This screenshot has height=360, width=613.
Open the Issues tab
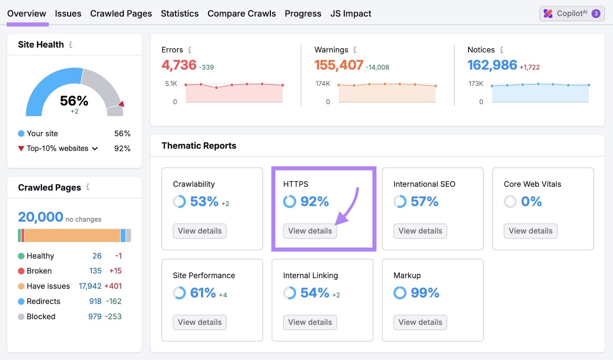[68, 14]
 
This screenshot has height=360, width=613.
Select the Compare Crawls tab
[241, 14]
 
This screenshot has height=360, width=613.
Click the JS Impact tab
[351, 14]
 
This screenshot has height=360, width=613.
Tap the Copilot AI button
[572, 14]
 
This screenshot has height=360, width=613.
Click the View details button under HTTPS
[310, 231]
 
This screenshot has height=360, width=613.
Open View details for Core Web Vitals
[530, 231]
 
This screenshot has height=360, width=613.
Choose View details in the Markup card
[420, 322]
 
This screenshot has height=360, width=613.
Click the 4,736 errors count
[179, 65]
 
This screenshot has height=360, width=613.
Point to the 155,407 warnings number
[339, 65]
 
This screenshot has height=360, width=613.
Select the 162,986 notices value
[492, 65]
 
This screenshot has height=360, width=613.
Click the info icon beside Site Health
[70, 45]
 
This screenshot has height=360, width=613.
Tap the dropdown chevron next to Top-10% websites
[95, 149]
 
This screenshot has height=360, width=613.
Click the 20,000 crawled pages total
[41, 217]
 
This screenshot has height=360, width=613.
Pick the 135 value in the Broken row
[95, 271]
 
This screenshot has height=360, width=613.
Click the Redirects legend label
[43, 301]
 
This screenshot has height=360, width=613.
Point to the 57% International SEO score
[424, 202]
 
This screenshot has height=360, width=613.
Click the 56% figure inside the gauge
[74, 101]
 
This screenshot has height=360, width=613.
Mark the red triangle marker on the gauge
[121, 104]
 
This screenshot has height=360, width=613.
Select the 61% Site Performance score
[203, 293]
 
